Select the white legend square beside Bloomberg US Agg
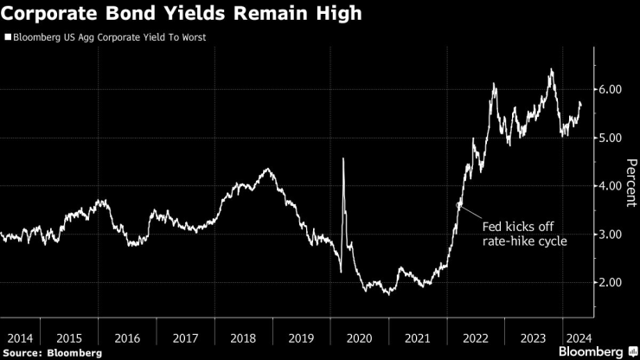coord(8,38)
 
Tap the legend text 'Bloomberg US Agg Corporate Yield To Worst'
coord(109,38)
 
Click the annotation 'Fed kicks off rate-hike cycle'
coord(524,234)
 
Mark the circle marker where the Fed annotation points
coord(459,204)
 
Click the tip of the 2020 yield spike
coord(343,158)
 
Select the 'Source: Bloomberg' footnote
coord(52,352)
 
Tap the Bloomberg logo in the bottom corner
coord(592,351)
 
